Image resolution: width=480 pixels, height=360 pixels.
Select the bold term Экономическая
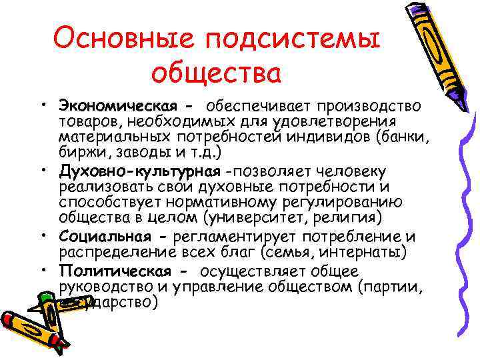point(117,106)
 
